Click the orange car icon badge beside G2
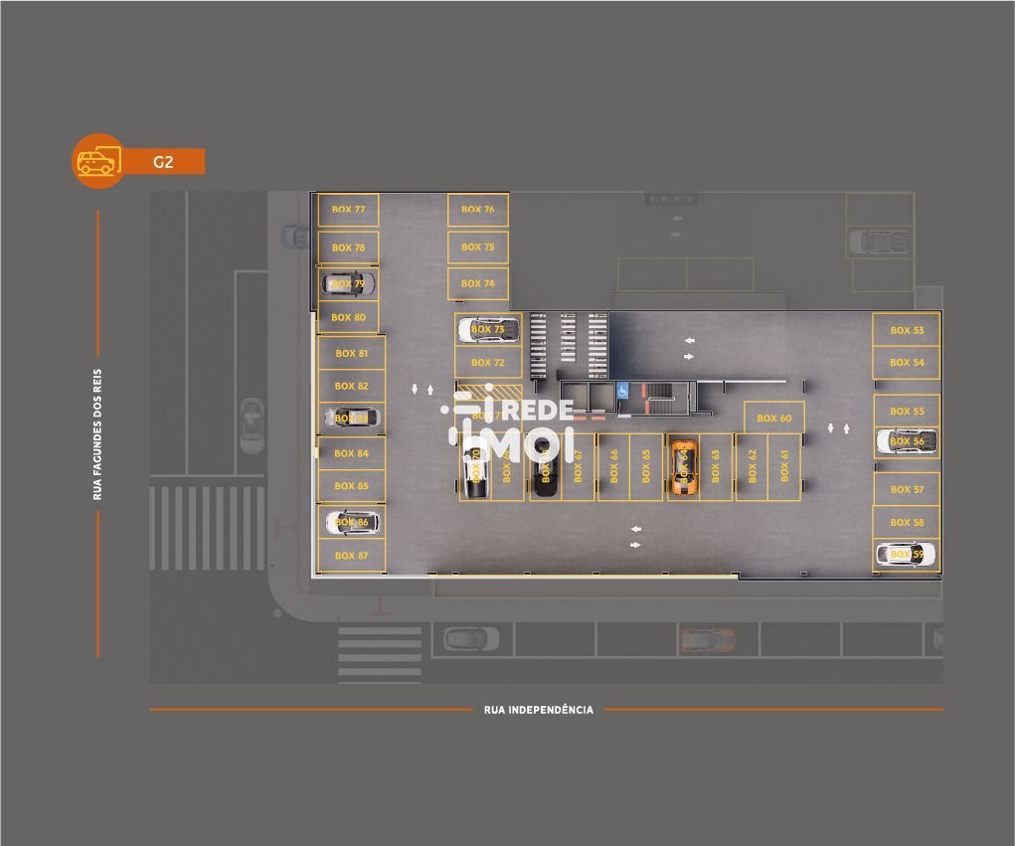[97, 160]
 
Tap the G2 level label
[163, 161]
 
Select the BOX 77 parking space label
[348, 210]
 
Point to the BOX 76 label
[477, 210]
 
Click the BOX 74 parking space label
[477, 283]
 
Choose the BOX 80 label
[348, 318]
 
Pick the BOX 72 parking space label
[487, 363]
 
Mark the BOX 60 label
[773, 419]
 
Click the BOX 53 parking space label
[907, 330]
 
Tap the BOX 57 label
[907, 489]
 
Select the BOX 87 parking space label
[351, 556]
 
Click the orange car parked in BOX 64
[682, 467]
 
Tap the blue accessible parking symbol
[623, 391]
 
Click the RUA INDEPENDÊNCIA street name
[538, 710]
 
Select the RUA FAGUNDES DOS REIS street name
[97, 434]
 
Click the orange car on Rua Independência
[707, 639]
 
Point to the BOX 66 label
[614, 467]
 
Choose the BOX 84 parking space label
[351, 453]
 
